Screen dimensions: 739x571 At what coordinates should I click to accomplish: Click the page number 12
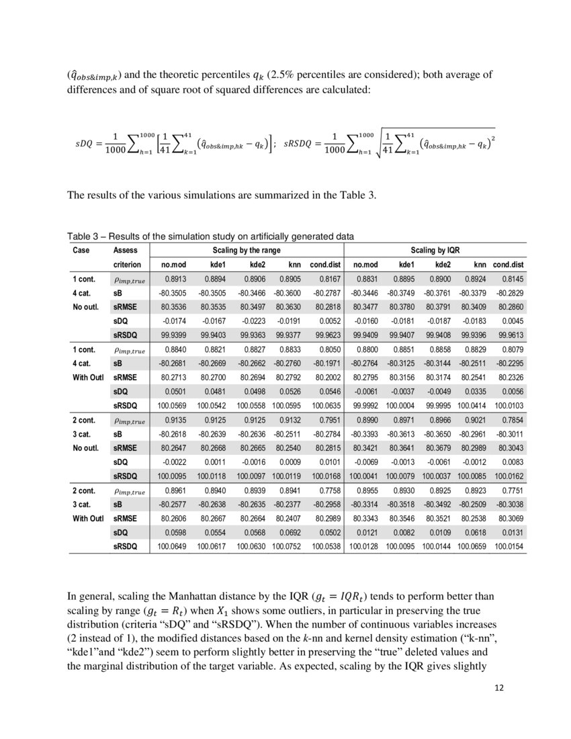498,687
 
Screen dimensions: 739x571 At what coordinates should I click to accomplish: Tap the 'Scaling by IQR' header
439,249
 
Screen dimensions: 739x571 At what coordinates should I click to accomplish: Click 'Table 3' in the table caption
82,236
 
